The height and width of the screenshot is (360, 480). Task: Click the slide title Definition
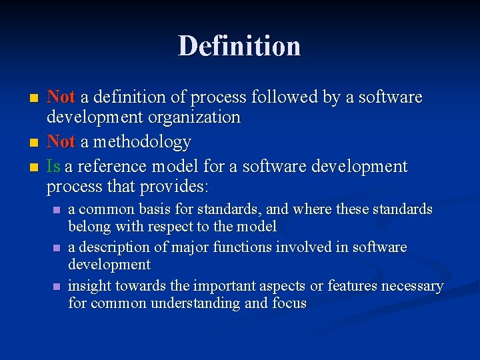pos(239,46)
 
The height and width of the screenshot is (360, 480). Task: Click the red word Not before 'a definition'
pos(61,97)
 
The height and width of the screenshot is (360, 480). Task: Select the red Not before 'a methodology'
pos(61,142)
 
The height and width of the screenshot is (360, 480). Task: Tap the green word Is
pos(54,166)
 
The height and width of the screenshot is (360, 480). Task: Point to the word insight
pos(90,286)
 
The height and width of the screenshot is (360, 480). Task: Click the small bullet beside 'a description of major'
pos(56,248)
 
